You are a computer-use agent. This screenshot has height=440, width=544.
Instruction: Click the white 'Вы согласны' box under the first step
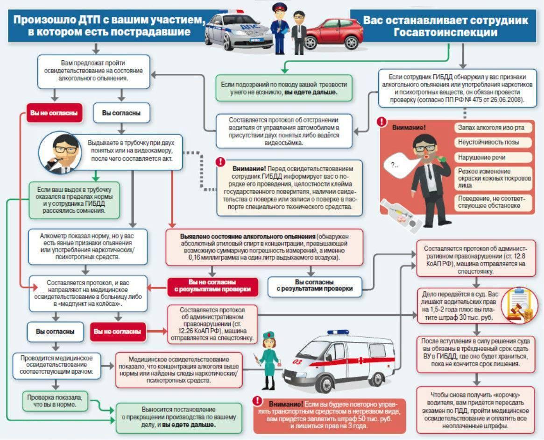(x=121, y=113)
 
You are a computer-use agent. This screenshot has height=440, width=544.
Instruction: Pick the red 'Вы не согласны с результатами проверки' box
(x=212, y=286)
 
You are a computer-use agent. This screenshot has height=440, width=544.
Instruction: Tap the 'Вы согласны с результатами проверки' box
(x=314, y=286)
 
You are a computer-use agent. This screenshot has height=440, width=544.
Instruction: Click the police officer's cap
(x=279, y=7)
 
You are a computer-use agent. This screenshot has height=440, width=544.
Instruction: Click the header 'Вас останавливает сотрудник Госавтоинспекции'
(x=445, y=26)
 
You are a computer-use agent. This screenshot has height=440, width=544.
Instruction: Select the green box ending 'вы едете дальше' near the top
(x=283, y=88)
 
